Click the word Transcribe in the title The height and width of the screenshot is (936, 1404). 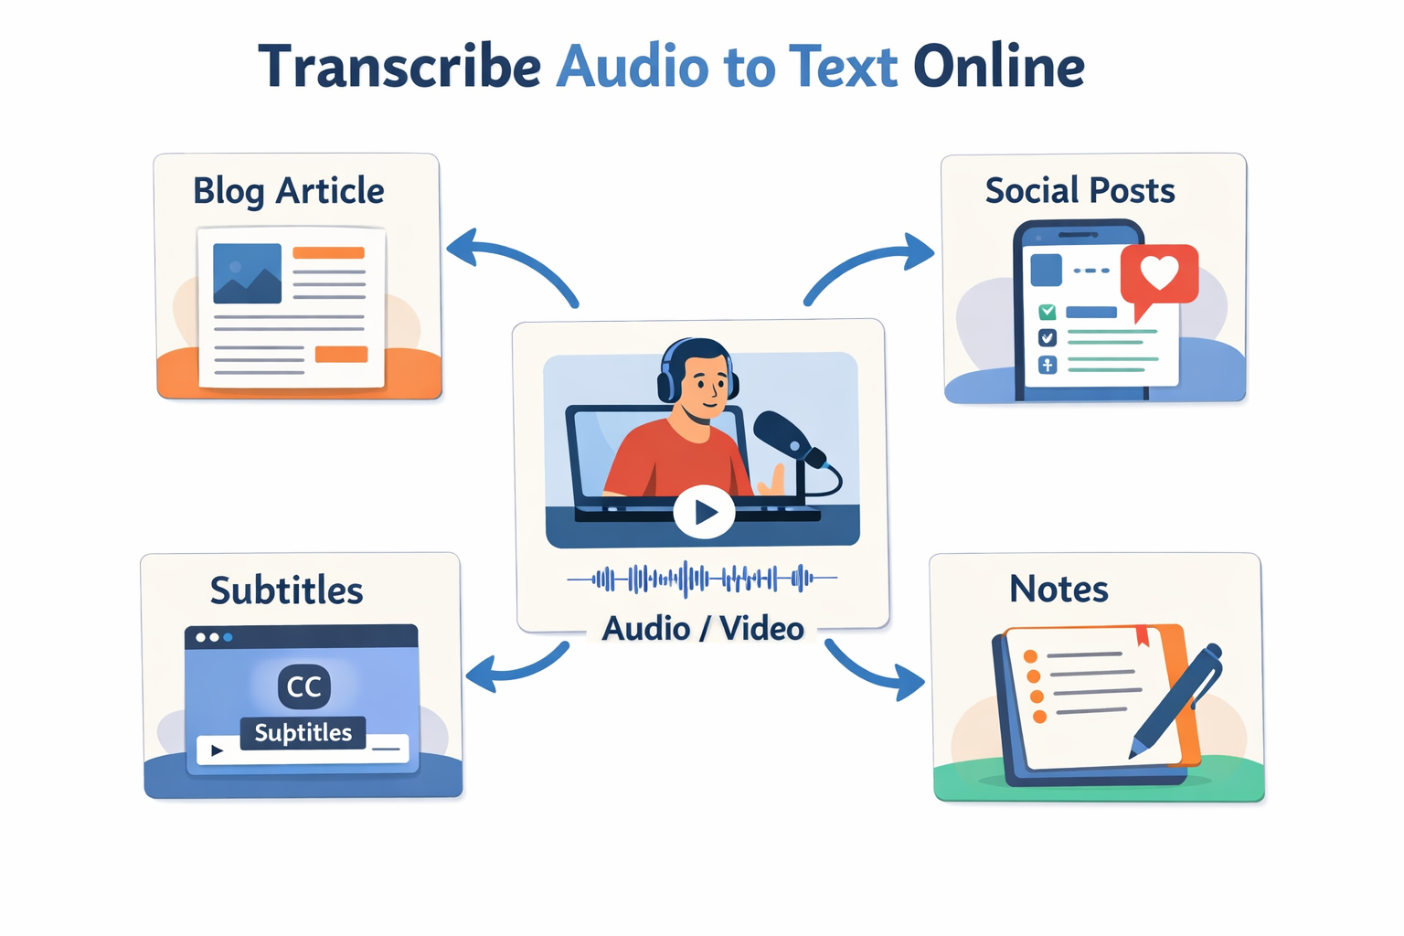[x=399, y=67]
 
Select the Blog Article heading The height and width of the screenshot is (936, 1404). [x=288, y=191]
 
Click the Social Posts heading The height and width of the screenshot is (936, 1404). [x=1080, y=190]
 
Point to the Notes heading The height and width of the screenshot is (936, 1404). [x=1058, y=589]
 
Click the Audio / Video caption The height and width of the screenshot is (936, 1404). [x=703, y=628]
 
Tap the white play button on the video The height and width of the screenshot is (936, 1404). [x=704, y=512]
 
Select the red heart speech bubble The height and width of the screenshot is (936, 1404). [x=1159, y=279]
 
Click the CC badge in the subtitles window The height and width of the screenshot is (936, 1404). [x=304, y=686]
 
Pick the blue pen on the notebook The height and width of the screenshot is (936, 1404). [x=1175, y=701]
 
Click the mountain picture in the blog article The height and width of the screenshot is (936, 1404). [x=247, y=273]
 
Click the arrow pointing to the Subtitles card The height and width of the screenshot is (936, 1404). [x=517, y=667]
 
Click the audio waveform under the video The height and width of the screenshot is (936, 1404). [x=702, y=578]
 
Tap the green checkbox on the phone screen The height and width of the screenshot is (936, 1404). [x=1047, y=312]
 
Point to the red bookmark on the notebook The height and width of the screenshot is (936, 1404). [x=1142, y=636]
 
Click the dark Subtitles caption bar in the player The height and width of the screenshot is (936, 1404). [x=303, y=733]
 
